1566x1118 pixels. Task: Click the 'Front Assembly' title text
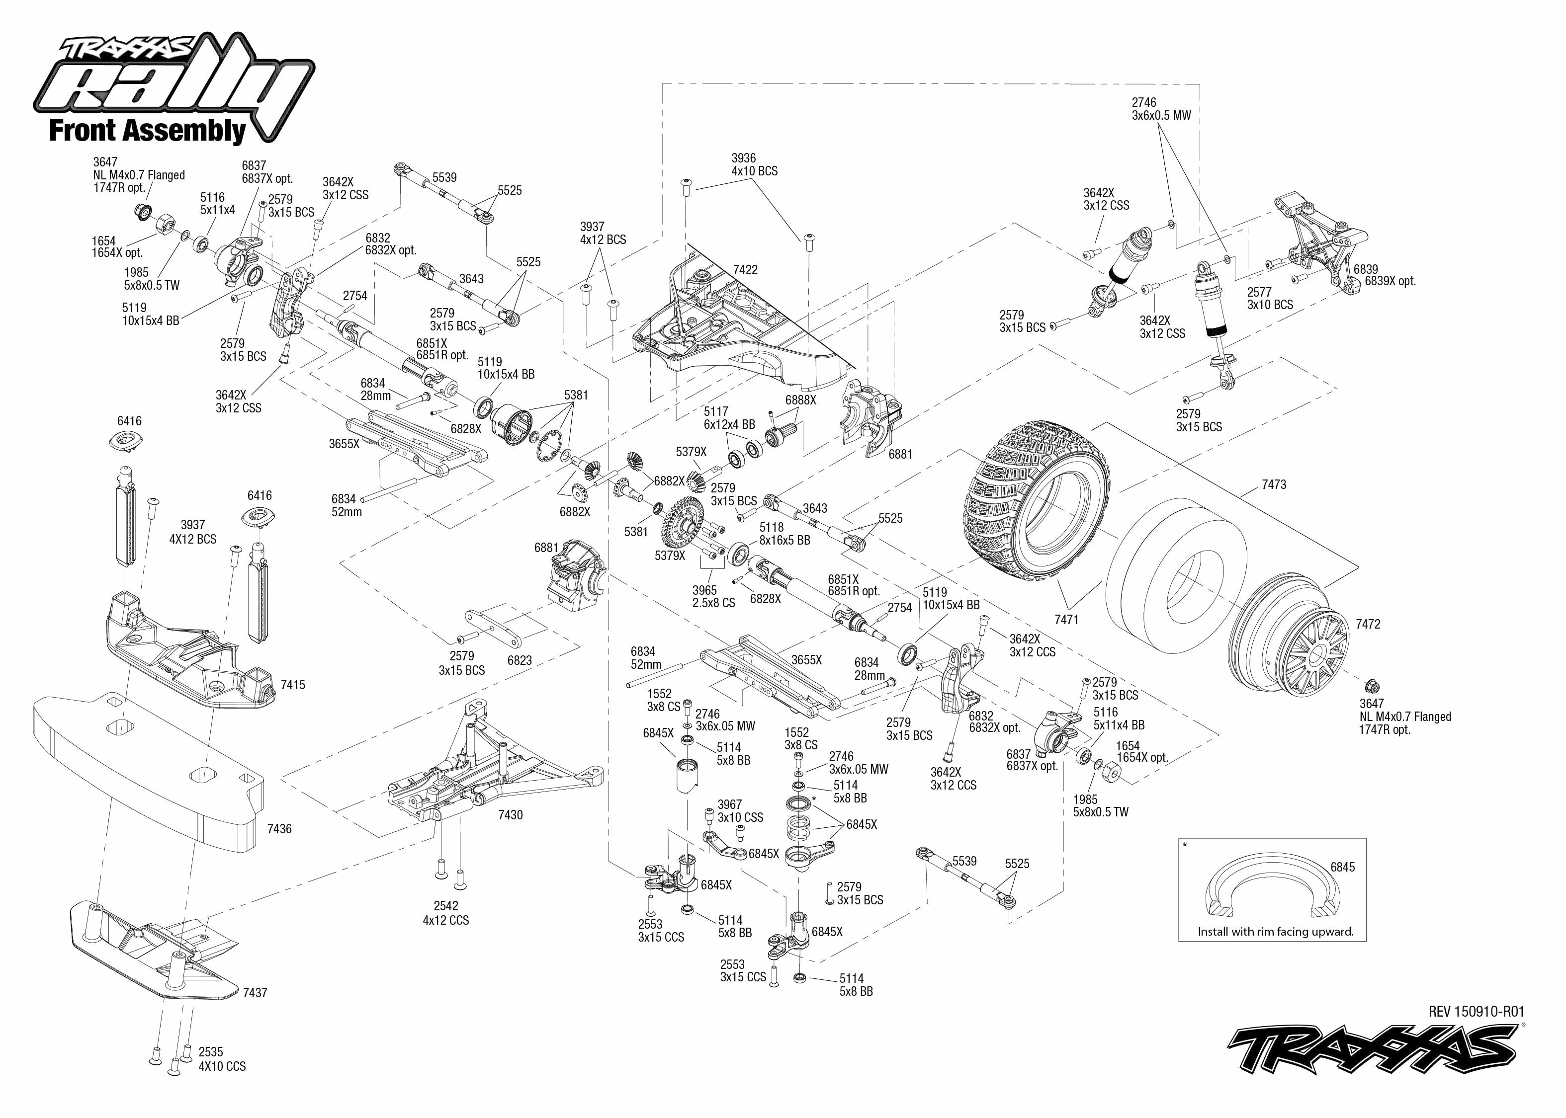click(147, 130)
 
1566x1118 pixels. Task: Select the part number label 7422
click(745, 270)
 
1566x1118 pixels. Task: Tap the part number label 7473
click(1273, 484)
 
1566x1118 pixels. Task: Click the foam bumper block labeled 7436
click(148, 771)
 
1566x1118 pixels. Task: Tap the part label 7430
click(510, 815)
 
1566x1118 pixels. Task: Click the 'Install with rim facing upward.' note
click(1275, 932)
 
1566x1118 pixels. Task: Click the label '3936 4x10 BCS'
click(754, 164)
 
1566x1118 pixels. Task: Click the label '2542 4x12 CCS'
click(445, 913)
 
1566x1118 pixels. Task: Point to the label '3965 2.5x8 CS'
click(713, 596)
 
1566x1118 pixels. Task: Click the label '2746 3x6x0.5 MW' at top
click(1161, 109)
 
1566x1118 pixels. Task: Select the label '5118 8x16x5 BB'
click(784, 534)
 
